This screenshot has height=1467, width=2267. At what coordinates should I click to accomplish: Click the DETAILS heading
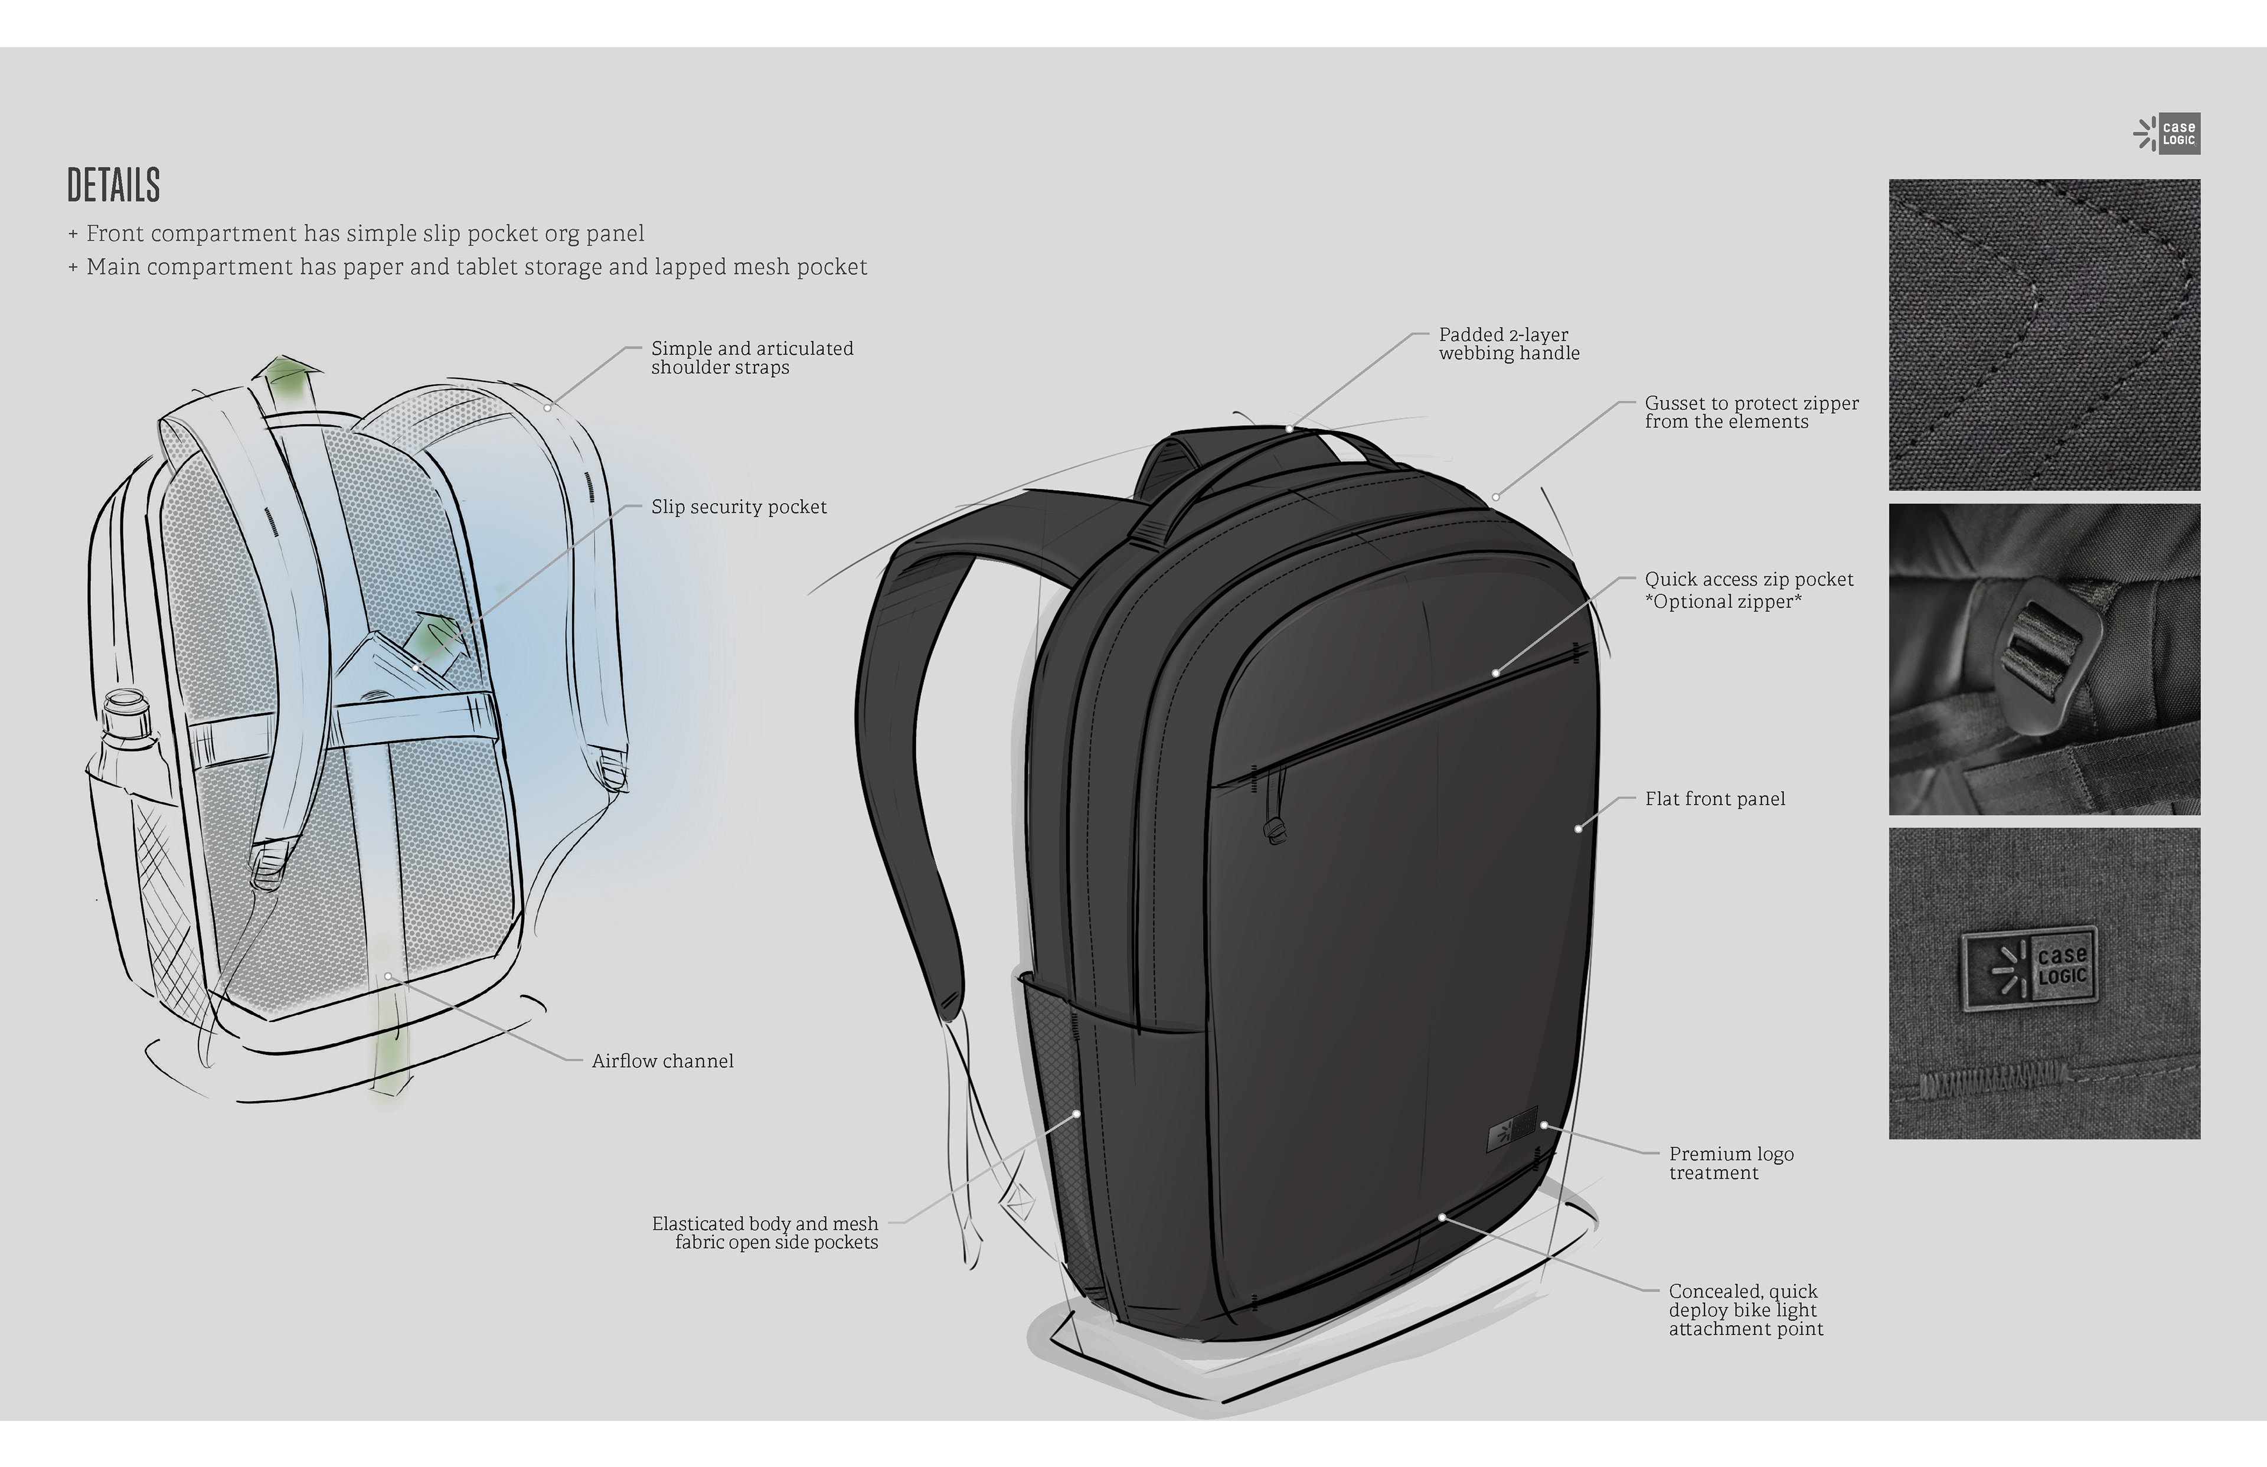(x=113, y=186)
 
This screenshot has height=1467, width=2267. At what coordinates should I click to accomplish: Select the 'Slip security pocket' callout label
(x=738, y=507)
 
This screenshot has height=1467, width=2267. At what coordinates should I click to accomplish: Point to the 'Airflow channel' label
(x=662, y=1061)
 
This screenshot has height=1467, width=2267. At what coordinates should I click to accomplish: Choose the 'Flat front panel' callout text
(x=1714, y=799)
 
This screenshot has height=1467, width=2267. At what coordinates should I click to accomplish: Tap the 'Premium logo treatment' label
(x=1731, y=1163)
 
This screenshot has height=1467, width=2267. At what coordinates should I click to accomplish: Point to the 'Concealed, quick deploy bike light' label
(x=1745, y=1310)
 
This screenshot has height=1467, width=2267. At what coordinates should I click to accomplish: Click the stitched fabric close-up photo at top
(x=2044, y=334)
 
